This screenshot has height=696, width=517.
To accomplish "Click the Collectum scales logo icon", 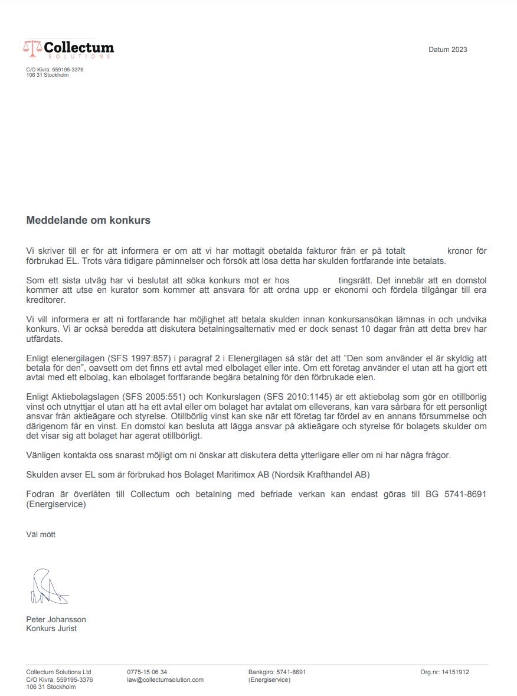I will pos(32,47).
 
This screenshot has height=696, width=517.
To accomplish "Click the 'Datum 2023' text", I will pos(447,50).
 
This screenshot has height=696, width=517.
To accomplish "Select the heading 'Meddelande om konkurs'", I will pos(89,221).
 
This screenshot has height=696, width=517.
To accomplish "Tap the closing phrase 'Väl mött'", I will pos(41,535).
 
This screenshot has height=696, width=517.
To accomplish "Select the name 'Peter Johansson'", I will pos(56,620).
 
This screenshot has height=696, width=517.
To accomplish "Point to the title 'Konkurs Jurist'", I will pos(51,629).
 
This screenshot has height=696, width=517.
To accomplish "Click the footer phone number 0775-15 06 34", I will pos(147,672).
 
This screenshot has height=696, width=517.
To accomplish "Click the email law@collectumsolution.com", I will pos(165,680).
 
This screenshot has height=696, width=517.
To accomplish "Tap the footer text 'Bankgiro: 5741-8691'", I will pos(277,672).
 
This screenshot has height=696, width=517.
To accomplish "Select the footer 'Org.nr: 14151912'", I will pos(444,672).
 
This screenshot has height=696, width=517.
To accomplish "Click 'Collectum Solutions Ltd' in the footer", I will pos(58,672).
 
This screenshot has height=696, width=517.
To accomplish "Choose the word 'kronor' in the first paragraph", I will pos(467,251).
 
